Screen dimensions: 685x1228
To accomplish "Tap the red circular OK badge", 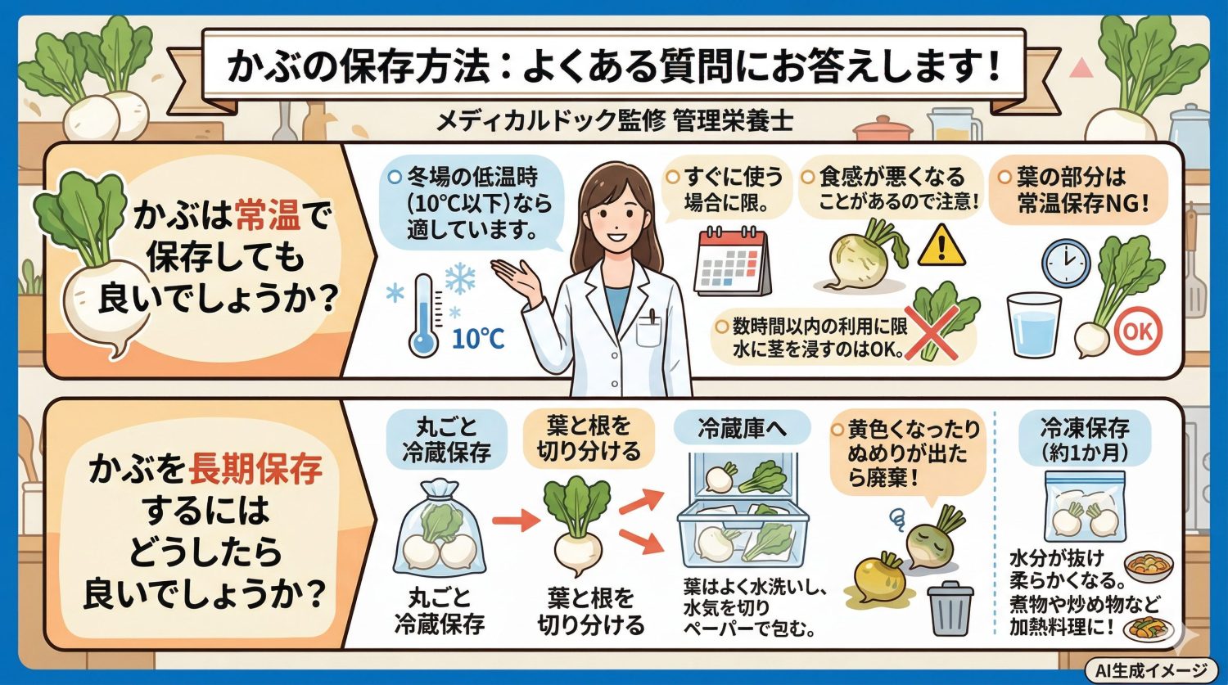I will coord(1138,331).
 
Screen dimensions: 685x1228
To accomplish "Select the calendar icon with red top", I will coord(732,261).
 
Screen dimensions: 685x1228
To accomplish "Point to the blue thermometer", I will coord(424,315).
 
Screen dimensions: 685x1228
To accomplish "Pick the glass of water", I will coord(1034,324).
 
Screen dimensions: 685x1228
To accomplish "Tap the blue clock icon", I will coord(1066,263).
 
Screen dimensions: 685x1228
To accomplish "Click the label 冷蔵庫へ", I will coord(742,426).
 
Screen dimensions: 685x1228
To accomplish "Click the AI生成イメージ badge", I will coord(1152,670).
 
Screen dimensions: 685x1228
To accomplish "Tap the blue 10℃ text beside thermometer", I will coord(478,338).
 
